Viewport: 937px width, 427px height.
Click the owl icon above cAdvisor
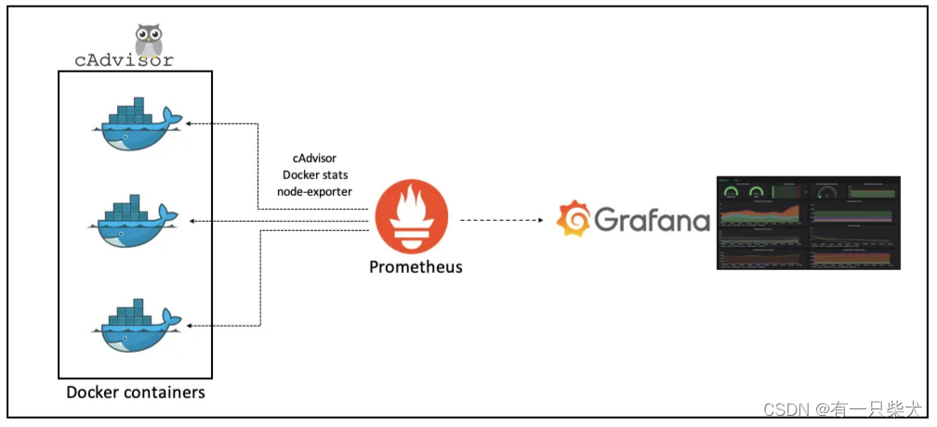coord(149,40)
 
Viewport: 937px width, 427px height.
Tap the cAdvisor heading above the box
coord(124,61)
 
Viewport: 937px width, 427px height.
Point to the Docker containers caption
coord(136,393)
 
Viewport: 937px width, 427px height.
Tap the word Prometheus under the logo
coord(416,267)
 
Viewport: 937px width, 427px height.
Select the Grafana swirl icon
coord(573,219)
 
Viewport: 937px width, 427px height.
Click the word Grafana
coord(651,221)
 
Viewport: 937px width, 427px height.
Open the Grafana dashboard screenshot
coord(809,222)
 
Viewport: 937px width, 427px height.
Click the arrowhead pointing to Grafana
coord(539,221)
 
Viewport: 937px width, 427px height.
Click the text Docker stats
coord(314,175)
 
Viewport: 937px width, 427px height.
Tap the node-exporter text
coord(314,191)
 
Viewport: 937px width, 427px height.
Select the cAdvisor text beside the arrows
coord(314,159)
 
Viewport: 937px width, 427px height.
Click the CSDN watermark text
coord(842,408)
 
